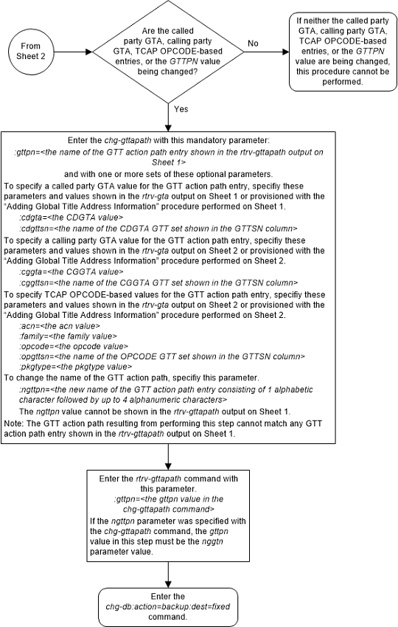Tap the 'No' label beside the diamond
click(253, 44)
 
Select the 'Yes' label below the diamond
click(180, 108)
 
